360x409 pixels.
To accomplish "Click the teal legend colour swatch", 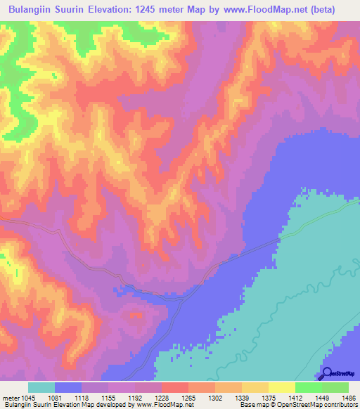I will point(41,387).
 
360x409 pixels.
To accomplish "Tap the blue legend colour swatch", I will point(68,387).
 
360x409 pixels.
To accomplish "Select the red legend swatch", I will point(174,387).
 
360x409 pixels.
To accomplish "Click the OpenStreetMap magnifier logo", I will point(325,374).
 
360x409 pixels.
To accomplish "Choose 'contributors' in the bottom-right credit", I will point(341,405).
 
